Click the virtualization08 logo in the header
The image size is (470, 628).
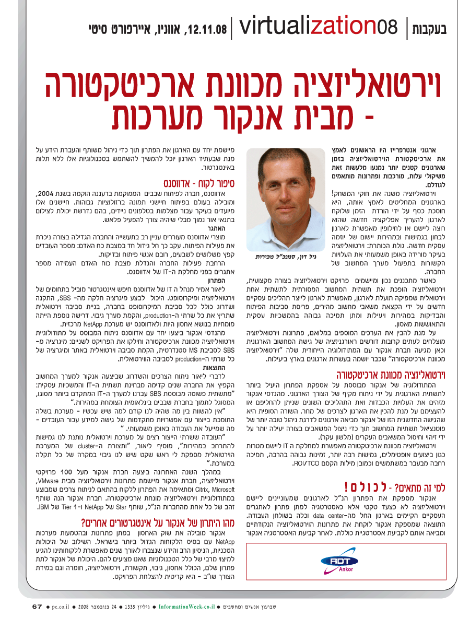point(319,26)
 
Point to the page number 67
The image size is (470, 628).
point(37,607)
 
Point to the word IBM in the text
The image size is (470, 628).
point(45,507)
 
